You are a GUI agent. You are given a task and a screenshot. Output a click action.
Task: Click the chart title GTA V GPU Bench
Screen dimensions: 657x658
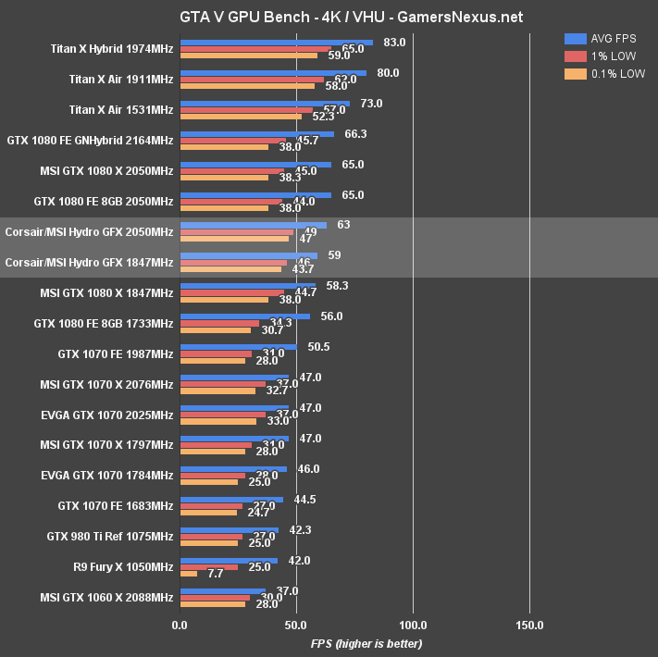[x=329, y=16]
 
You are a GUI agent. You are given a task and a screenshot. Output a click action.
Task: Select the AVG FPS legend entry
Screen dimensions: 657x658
[x=601, y=38]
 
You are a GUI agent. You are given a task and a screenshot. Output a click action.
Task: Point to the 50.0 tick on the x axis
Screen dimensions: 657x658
[x=297, y=625]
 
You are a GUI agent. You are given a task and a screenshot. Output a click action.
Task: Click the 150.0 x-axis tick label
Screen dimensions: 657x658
[x=529, y=625]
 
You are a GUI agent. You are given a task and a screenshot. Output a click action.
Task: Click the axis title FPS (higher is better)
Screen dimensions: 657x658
[x=366, y=643]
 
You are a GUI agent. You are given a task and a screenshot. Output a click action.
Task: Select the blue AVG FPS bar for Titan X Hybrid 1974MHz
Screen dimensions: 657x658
[x=276, y=42]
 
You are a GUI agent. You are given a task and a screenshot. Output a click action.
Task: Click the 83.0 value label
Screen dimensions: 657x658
[x=394, y=42]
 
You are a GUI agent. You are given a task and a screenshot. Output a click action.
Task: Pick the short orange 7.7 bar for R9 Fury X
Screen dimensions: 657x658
[x=189, y=574]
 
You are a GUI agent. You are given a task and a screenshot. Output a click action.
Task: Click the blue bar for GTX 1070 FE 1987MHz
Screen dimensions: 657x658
[x=239, y=347]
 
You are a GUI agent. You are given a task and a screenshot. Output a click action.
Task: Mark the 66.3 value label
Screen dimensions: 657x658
[x=355, y=133]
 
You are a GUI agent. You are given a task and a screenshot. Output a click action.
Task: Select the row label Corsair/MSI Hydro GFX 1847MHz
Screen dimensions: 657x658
[x=89, y=262]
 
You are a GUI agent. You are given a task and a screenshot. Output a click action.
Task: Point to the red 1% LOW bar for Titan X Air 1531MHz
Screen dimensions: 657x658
[x=247, y=110]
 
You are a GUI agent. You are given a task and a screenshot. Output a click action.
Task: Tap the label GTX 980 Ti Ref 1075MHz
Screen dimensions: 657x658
[x=110, y=537]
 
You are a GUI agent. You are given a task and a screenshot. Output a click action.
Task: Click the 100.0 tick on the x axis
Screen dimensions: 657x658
[x=413, y=625]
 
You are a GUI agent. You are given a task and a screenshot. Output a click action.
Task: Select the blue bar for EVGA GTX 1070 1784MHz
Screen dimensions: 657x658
[x=233, y=469]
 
